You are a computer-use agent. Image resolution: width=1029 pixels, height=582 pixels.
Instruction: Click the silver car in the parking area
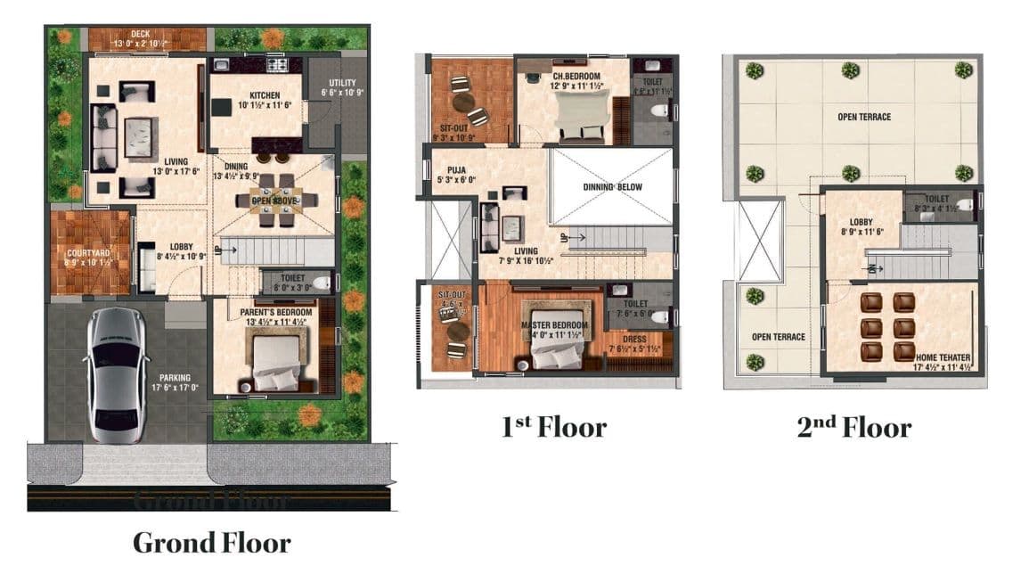click(x=116, y=374)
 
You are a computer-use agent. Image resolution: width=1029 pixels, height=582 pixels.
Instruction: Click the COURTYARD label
click(x=88, y=253)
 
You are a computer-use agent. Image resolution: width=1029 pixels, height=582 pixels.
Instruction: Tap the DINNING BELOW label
click(x=612, y=187)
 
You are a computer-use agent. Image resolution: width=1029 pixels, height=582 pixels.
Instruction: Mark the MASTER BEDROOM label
click(x=555, y=324)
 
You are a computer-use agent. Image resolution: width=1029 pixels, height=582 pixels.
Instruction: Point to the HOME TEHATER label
click(x=942, y=357)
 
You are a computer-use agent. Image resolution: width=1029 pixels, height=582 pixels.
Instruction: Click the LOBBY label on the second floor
click(x=862, y=222)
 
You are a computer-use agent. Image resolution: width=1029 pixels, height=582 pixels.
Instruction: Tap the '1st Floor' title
click(x=553, y=427)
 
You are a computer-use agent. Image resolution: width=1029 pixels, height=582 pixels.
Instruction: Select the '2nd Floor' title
click(x=853, y=427)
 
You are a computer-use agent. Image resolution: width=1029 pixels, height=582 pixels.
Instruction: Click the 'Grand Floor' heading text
click(x=212, y=542)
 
